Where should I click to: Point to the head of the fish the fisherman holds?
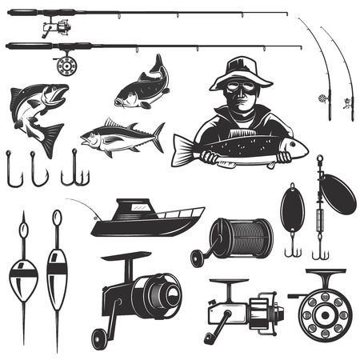(x=292, y=147)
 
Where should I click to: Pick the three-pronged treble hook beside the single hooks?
(x=74, y=168)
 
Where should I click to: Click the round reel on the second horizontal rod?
(x=63, y=65)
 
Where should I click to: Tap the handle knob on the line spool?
(x=195, y=258)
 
